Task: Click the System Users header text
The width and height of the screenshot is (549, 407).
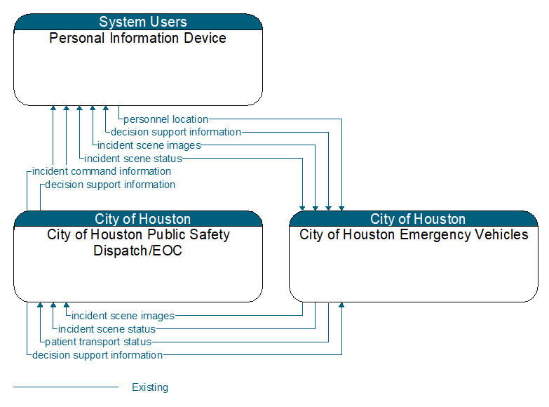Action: coord(143,22)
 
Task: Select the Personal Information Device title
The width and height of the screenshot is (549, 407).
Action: coord(137,38)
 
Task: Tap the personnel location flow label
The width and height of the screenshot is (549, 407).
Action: coord(165,119)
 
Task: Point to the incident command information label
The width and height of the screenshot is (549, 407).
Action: coord(102,171)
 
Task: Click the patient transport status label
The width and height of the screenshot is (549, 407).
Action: coord(98,342)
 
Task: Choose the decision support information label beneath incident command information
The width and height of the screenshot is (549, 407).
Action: coord(110,185)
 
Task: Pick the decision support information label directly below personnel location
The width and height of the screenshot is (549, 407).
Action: coord(176,132)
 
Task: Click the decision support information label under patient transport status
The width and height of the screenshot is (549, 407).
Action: coord(97,355)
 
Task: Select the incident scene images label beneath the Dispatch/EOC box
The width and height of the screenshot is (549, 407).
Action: coord(123,316)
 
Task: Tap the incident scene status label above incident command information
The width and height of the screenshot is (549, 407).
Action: coord(133,159)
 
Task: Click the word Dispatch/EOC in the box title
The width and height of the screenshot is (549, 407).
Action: coord(137,251)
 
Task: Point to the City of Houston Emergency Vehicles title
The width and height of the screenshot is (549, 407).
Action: coord(414,234)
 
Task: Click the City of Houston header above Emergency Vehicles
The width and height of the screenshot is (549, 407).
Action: coord(418,219)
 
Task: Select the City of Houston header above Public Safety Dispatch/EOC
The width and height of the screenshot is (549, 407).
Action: coord(142,219)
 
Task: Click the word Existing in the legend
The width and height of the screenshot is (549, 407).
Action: coord(150,387)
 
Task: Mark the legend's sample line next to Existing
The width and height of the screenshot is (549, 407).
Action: coord(66,387)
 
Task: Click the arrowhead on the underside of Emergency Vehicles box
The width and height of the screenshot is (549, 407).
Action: coord(341,305)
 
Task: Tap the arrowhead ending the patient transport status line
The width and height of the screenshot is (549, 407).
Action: coord(40,305)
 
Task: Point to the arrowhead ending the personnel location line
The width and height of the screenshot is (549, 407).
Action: coord(341,208)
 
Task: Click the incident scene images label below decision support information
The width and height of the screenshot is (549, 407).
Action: coord(149,145)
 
